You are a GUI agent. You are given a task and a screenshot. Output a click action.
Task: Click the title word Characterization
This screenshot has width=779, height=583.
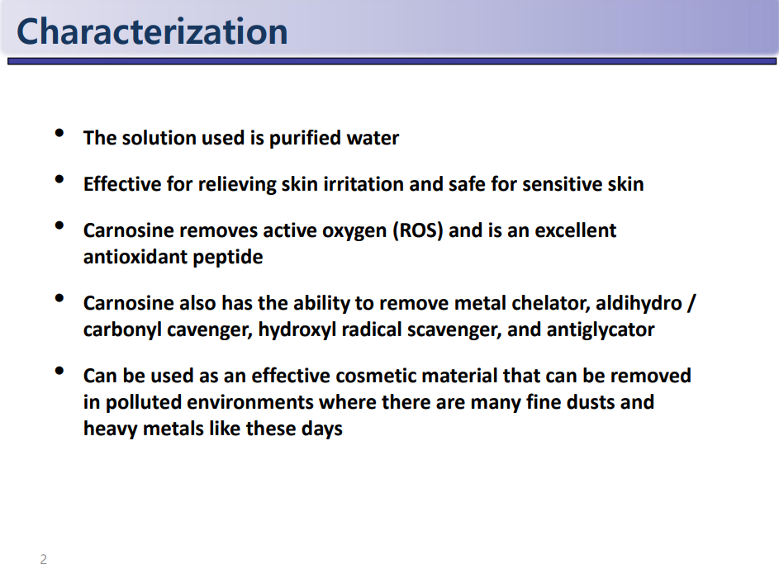coord(152,31)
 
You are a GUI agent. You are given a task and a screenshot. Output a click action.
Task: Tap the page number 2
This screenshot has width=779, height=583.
coord(44,559)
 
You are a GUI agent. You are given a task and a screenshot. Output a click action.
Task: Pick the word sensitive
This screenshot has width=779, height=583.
coord(555,184)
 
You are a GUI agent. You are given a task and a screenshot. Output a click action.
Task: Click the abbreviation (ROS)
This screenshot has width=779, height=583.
coord(418,231)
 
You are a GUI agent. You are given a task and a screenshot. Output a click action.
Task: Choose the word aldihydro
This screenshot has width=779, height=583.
coord(639,303)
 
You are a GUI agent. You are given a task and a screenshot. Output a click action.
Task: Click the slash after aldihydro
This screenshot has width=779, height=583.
coord(691,303)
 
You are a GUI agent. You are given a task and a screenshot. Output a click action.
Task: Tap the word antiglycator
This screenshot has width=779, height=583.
coord(601,330)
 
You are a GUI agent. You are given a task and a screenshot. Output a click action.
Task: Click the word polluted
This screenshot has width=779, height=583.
coord(144,403)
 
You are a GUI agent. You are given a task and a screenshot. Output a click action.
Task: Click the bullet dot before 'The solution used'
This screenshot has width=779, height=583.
coord(59,133)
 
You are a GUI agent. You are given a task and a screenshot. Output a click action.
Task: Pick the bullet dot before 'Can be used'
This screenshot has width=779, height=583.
coord(59,371)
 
